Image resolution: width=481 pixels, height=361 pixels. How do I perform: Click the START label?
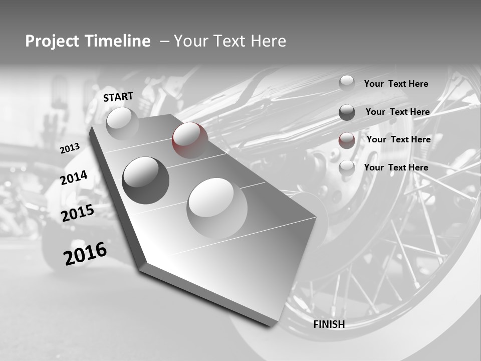point(118,97)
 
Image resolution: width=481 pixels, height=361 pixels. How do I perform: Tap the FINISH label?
point(329,324)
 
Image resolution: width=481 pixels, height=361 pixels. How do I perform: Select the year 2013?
point(70,148)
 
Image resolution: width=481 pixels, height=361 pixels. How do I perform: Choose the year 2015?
point(77,213)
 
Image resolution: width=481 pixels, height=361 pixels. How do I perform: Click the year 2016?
point(85,253)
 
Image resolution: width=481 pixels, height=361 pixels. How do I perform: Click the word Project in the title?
point(52,41)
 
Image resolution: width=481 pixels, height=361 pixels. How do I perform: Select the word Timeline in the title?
point(118,41)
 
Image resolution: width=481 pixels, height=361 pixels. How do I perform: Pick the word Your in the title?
point(191,41)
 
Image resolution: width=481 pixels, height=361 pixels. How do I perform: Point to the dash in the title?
point(164,41)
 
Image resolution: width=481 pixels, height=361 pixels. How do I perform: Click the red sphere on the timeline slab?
point(190,140)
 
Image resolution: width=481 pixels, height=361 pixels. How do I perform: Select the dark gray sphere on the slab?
point(146,180)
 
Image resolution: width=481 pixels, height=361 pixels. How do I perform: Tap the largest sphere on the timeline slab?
point(217,208)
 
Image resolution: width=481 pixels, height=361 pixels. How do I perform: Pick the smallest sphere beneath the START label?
point(122,123)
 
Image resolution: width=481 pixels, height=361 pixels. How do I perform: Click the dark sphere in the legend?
point(347,112)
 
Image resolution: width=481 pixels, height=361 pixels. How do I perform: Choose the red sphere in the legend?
point(347,140)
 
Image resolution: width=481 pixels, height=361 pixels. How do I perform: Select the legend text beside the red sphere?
point(398,139)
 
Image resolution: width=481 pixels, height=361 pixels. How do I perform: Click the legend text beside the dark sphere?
point(397,112)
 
